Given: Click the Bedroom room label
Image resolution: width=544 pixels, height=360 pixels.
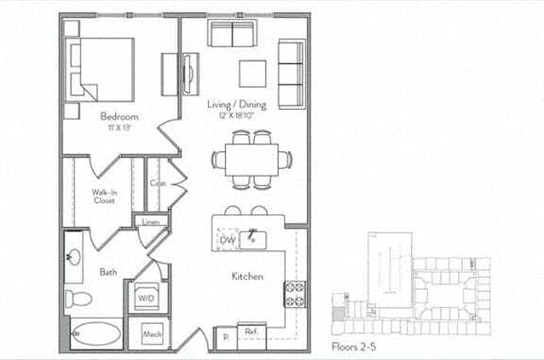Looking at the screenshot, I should pos(120,118).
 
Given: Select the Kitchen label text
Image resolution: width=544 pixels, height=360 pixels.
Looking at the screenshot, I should pos(247,277).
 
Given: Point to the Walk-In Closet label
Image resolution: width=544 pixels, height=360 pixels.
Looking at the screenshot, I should pos(104,196).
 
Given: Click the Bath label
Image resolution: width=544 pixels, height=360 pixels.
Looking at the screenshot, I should pos(109,272).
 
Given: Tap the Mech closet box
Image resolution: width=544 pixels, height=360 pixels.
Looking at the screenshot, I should pos(151,334).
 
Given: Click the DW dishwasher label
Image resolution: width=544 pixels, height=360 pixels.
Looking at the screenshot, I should pos(227,241).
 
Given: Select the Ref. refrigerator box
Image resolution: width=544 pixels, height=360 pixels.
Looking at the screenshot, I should pos(252,334).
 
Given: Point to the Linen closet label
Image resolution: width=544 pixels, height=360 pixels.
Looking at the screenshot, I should pos(150,222).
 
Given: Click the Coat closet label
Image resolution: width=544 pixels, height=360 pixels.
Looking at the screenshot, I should pos(158,183).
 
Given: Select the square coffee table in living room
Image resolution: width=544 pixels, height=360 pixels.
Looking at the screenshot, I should pos(252,74).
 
